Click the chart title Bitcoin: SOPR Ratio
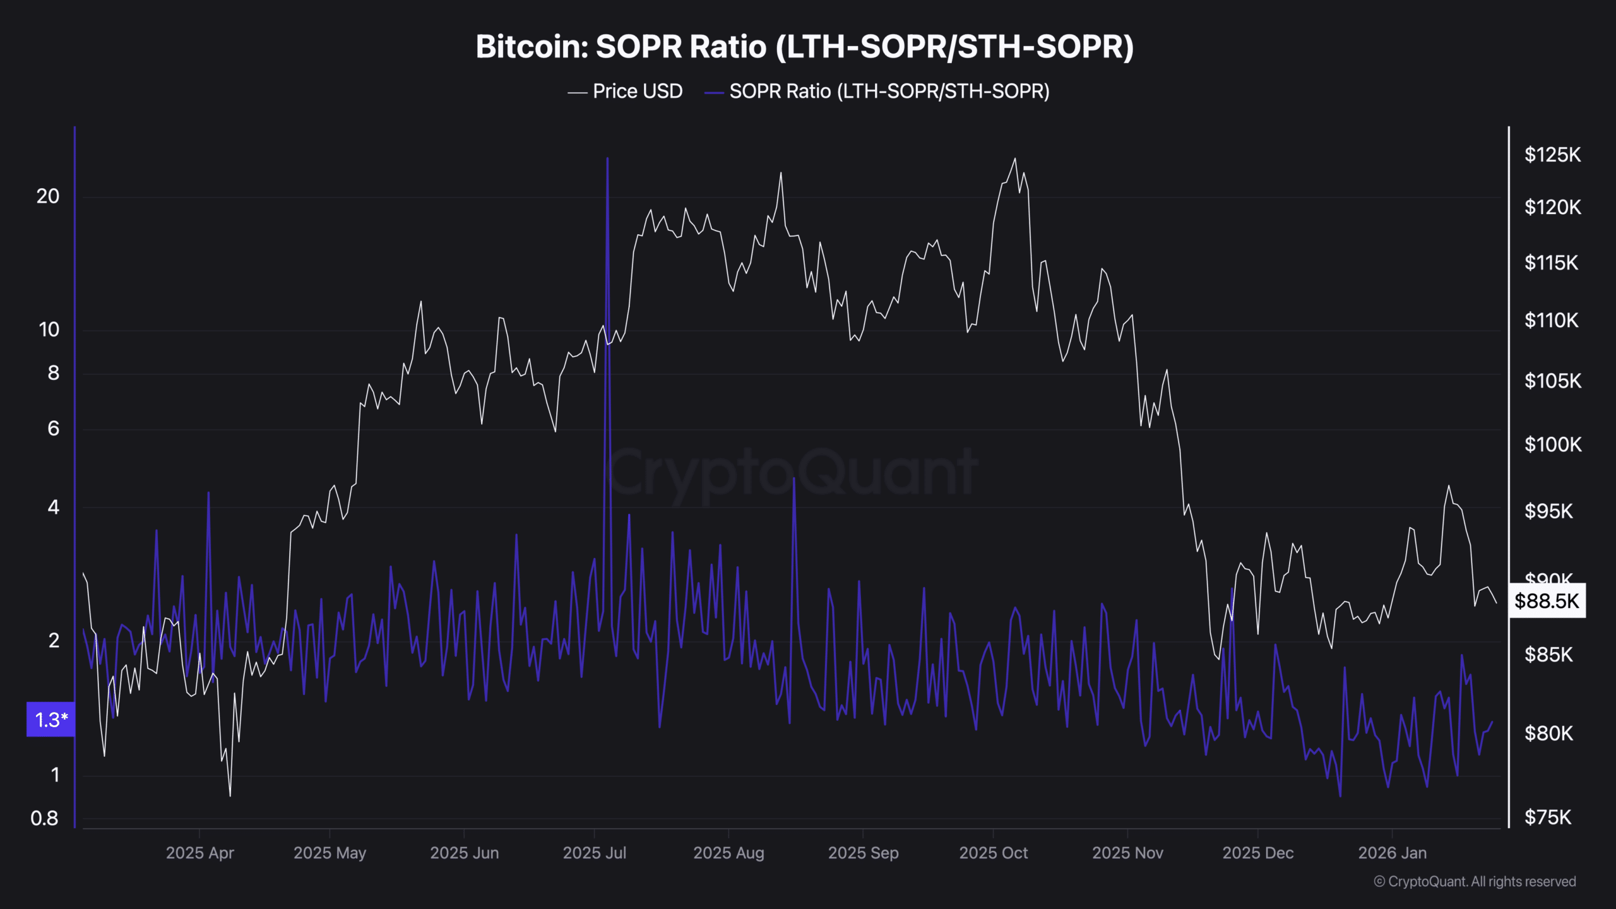point(804,47)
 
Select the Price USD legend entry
point(637,92)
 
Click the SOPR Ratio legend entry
point(889,92)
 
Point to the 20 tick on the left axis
point(48,197)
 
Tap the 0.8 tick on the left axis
point(44,819)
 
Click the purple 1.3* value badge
point(50,720)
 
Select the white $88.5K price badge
point(1547,601)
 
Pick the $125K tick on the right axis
point(1552,155)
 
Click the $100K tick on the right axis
point(1553,445)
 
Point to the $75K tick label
point(1548,818)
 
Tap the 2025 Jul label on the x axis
point(594,853)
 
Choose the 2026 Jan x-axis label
point(1392,853)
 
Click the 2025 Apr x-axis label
point(199,853)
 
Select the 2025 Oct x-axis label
point(993,853)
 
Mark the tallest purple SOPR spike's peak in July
point(607,159)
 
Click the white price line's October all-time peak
point(1015,159)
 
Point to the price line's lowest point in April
point(230,795)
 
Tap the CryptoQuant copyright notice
point(1475,882)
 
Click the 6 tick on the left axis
point(54,429)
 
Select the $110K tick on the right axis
point(1552,321)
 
